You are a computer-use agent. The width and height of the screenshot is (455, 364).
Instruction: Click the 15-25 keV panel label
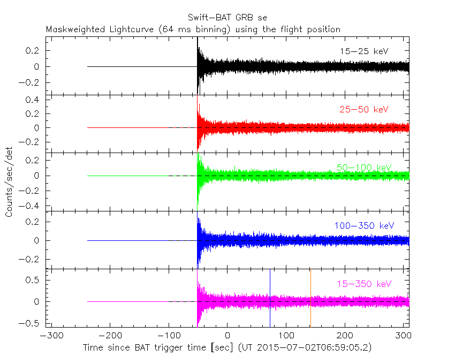(364, 51)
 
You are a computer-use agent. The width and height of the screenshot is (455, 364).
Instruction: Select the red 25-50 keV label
(364, 109)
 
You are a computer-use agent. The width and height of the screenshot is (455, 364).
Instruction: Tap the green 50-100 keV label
(364, 168)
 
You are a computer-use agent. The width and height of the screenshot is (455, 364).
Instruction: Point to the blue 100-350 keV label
(364, 225)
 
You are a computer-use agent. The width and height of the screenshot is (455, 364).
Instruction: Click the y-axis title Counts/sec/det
(9, 182)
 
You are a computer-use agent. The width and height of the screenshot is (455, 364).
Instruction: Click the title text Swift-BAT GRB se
(228, 18)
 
